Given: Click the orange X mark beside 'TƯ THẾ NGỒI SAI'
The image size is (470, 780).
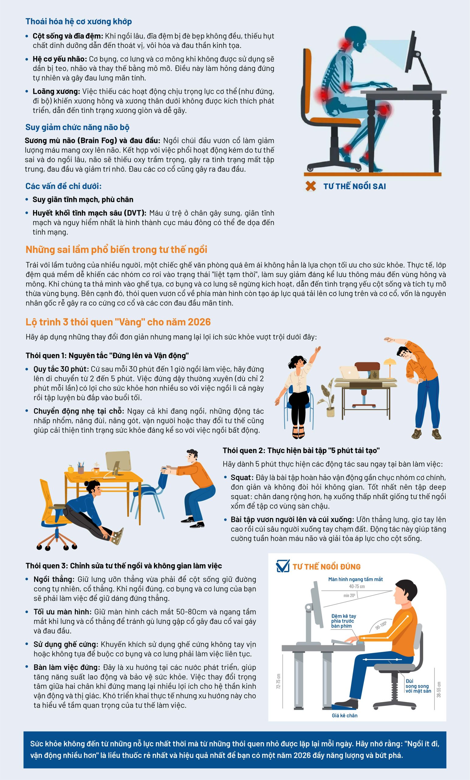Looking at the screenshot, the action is pyautogui.click(x=311, y=186).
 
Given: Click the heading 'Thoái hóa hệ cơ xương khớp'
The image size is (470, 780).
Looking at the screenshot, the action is pyautogui.click(x=79, y=22).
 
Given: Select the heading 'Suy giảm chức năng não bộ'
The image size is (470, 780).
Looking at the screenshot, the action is pyautogui.click(x=78, y=127).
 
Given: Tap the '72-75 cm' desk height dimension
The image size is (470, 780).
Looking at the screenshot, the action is pyautogui.click(x=278, y=681).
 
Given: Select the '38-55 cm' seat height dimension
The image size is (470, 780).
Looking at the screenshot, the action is pyautogui.click(x=439, y=689).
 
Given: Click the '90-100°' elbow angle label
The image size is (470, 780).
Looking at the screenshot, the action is pyautogui.click(x=381, y=625).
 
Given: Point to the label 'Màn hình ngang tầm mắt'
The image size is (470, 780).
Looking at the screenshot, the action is pyautogui.click(x=356, y=579).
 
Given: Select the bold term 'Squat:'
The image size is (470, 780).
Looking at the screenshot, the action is pyautogui.click(x=242, y=477).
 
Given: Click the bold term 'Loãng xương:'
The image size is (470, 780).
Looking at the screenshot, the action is pyautogui.click(x=56, y=91).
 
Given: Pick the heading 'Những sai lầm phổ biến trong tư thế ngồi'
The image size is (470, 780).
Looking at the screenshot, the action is pyautogui.click(x=116, y=250).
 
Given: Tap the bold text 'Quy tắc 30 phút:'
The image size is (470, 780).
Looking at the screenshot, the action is pyautogui.click(x=62, y=369).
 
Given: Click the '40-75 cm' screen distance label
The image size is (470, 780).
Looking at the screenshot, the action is pyautogui.click(x=357, y=586).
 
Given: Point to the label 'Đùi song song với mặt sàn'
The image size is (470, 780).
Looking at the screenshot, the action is pyautogui.click(x=418, y=686).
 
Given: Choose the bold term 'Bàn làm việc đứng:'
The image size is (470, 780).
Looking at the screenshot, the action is pyautogui.click(x=67, y=667).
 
